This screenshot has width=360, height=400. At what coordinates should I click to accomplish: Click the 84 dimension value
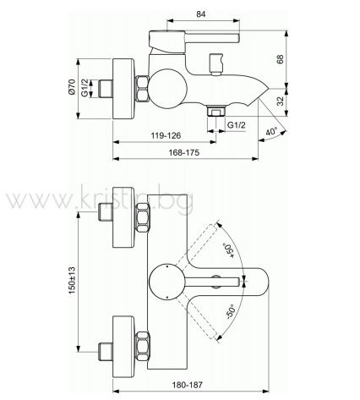click(200, 14)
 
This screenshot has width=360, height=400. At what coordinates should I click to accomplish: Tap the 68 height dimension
click(281, 59)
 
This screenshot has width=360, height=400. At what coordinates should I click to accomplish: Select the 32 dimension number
click(281, 101)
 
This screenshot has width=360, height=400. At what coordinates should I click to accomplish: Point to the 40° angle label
click(272, 131)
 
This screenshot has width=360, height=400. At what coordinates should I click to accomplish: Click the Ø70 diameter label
click(72, 87)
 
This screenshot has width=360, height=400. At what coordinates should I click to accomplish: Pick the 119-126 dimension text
click(166, 136)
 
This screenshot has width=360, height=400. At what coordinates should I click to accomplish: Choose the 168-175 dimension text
click(184, 152)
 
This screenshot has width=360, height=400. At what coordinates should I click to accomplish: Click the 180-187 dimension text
click(188, 385)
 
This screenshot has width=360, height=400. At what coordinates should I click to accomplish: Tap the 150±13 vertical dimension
click(72, 281)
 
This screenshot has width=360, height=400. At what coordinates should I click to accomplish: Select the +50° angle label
click(228, 250)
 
